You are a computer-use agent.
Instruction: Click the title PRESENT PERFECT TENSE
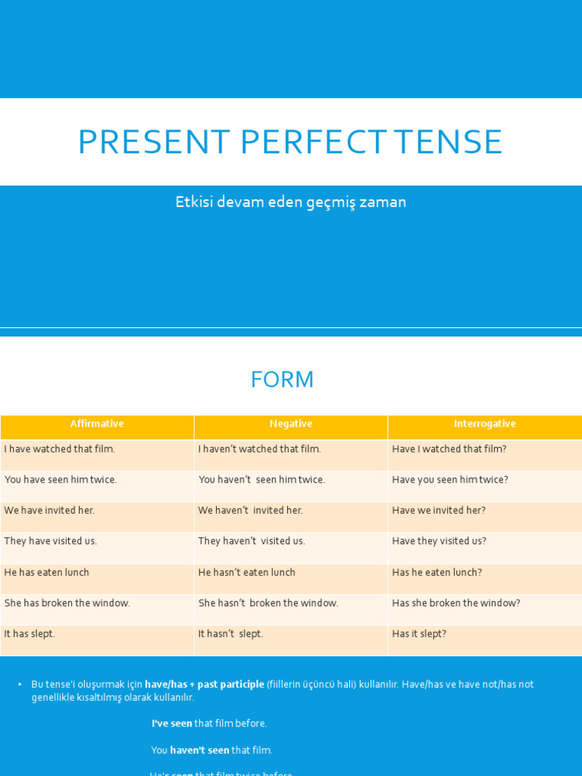290,142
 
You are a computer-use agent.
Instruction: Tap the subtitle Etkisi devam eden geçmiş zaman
291,202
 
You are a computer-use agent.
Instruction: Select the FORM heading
282,380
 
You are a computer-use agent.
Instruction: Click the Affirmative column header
97,424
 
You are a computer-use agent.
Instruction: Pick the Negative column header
291,424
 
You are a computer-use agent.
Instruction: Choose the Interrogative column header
485,424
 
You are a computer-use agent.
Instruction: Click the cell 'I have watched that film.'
60,449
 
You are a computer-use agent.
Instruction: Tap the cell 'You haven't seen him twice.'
261,480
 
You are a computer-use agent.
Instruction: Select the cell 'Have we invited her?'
439,511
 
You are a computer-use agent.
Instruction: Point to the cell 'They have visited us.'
51,541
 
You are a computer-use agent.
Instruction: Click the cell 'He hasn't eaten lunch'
247,573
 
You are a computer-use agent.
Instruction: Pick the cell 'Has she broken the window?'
456,603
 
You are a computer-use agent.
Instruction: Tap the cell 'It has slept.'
30,634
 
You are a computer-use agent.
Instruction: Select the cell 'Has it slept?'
419,634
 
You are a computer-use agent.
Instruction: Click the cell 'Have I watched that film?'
449,449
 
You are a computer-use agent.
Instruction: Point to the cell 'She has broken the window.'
67,603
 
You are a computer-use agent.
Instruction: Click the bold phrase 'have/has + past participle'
204,684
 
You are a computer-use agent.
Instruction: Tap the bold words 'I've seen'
172,724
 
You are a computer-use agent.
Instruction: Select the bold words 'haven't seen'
199,750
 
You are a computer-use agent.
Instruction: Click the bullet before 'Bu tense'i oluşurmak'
20,684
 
